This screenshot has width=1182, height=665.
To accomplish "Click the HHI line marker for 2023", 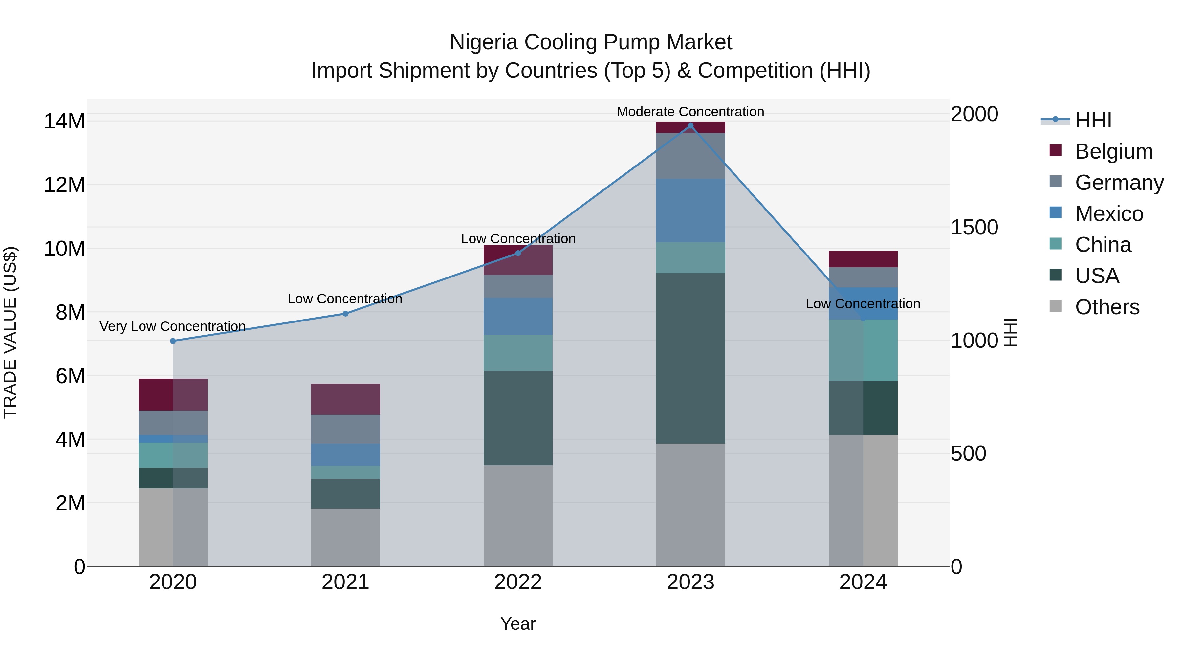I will tap(690, 126).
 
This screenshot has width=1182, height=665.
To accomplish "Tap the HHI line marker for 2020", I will tap(173, 341).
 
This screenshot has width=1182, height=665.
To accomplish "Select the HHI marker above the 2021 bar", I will tap(345, 314).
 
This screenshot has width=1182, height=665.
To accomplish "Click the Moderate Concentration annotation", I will tap(690, 112).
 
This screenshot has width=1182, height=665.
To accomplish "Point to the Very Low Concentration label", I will tap(172, 326).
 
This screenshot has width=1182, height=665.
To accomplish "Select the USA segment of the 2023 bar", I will tap(690, 358).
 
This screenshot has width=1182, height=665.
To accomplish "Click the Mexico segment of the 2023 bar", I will tap(690, 210).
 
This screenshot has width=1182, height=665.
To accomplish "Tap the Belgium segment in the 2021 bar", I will tap(345, 399).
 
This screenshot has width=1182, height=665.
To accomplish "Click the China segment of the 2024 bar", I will tap(863, 350).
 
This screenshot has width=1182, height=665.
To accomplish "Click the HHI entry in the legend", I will tap(1093, 120).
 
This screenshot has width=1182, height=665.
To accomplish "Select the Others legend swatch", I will tap(1055, 306).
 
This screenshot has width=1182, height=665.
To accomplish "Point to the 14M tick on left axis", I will tap(64, 122).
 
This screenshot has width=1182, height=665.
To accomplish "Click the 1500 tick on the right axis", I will tap(974, 227).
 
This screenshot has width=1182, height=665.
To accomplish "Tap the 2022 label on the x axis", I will tap(518, 582).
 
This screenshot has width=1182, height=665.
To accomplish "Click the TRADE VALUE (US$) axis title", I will tap(10, 332).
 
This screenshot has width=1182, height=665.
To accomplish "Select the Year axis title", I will tap(518, 624).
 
